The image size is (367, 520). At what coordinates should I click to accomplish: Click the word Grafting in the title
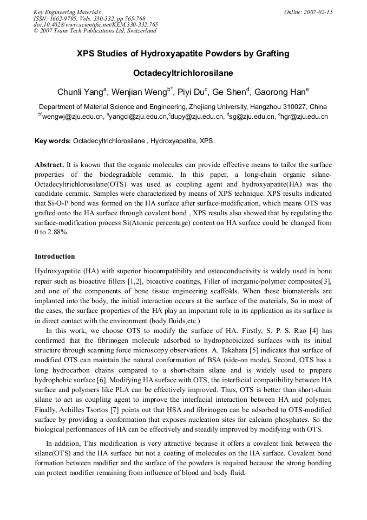[x=268, y=54]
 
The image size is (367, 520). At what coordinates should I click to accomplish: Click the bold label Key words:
[x=53, y=141]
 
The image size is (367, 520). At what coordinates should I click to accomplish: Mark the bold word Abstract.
[x=49, y=164]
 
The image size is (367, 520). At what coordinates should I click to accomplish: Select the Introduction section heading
[x=55, y=256]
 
